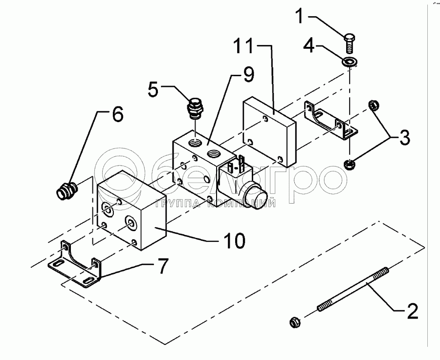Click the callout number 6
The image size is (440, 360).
tap(118, 114)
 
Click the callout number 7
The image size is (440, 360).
tap(161, 266)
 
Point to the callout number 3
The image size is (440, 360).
tap(403, 138)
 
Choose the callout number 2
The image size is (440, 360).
tap(412, 310)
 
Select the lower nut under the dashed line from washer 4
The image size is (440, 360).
tap(349, 165)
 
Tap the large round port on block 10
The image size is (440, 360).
tap(131, 224)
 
